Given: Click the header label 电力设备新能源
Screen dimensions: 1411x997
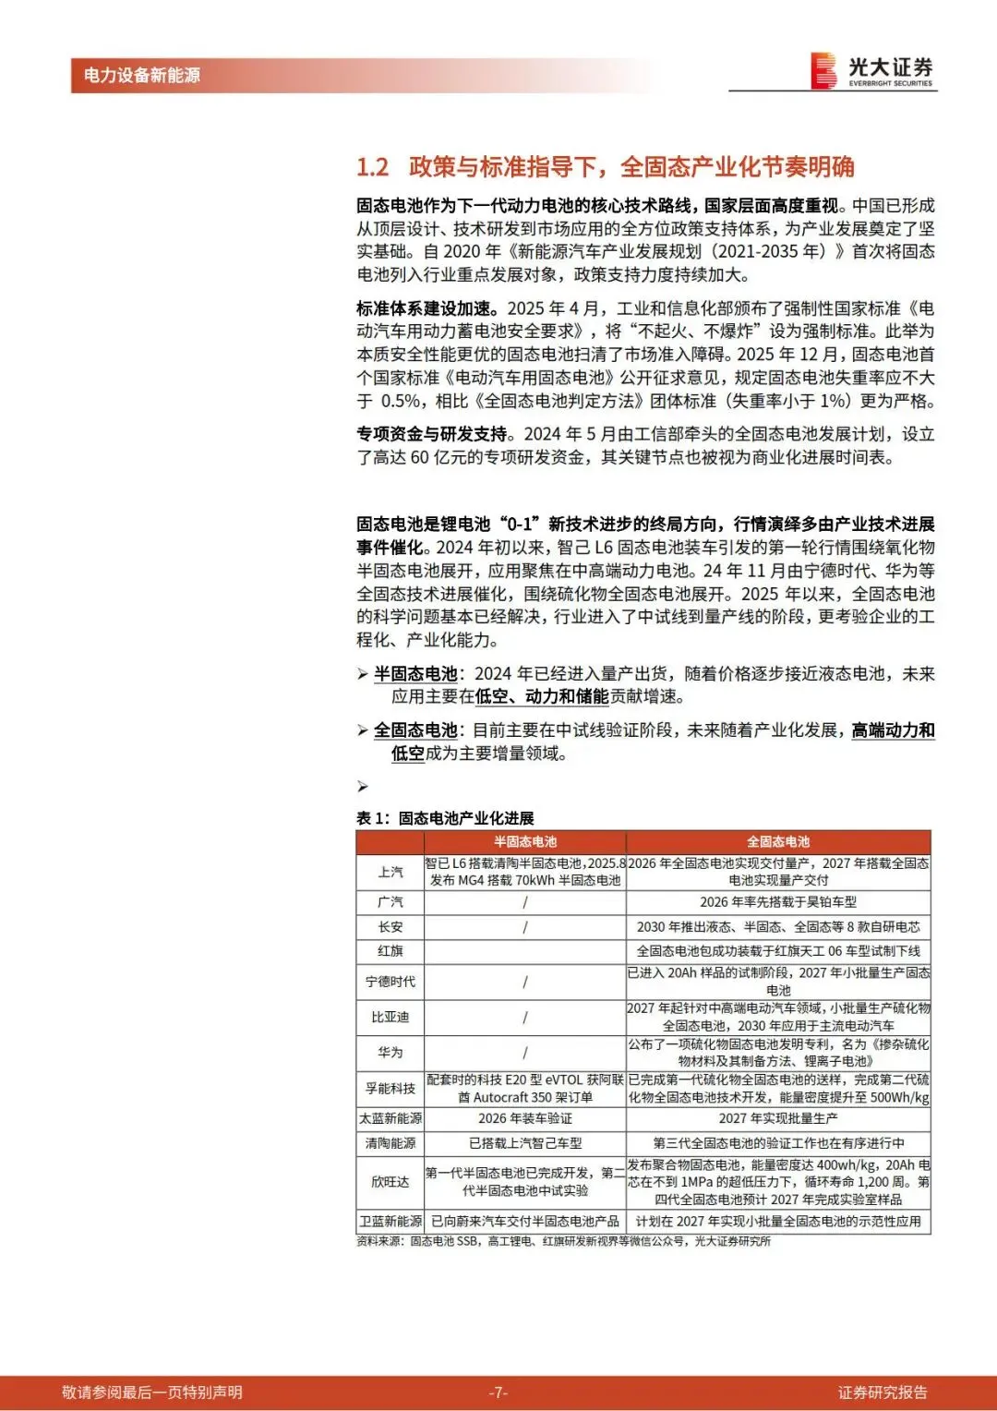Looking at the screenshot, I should pyautogui.click(x=142, y=76).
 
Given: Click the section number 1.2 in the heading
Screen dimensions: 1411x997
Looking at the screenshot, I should pyautogui.click(x=373, y=167).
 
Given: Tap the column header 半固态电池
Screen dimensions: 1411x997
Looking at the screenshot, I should pyautogui.click(x=525, y=841).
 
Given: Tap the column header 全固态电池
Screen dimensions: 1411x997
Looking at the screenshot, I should pyautogui.click(x=778, y=841).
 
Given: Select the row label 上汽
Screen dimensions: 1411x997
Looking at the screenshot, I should pyautogui.click(x=390, y=872).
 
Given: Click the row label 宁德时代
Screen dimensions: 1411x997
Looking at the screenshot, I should pyautogui.click(x=390, y=982).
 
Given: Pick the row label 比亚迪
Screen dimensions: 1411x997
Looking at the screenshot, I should pyautogui.click(x=390, y=1017).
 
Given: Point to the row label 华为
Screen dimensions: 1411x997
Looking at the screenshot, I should pyautogui.click(x=390, y=1052).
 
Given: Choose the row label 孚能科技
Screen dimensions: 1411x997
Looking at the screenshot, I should pyautogui.click(x=390, y=1088).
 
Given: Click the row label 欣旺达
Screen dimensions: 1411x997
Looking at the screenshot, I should pyautogui.click(x=390, y=1181).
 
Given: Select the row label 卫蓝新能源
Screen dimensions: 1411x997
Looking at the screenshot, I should pyautogui.click(x=390, y=1221).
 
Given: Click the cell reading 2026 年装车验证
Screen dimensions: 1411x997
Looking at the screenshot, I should pyautogui.click(x=525, y=1118).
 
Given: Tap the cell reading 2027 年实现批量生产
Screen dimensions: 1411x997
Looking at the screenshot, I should pyautogui.click(x=778, y=1118).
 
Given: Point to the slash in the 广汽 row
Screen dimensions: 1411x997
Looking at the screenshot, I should pyautogui.click(x=525, y=902).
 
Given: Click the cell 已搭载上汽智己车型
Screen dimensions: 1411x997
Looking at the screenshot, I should pyautogui.click(x=525, y=1143).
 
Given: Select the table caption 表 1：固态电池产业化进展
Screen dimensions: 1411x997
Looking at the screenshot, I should pyautogui.click(x=445, y=818).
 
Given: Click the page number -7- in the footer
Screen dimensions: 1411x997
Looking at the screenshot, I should pyautogui.click(x=498, y=1393).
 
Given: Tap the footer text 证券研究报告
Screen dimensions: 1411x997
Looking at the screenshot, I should pyautogui.click(x=883, y=1393).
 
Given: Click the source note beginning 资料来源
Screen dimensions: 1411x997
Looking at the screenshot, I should pyautogui.click(x=563, y=1241).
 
